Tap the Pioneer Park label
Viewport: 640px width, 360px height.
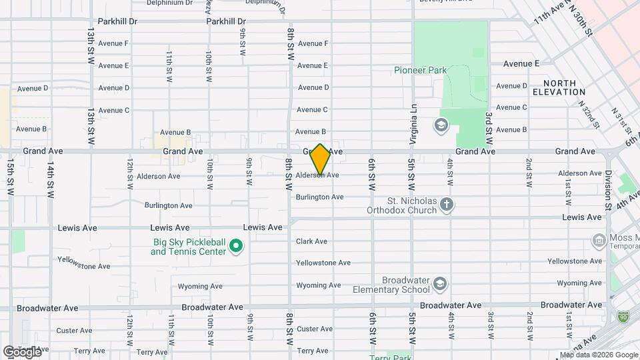(420, 70)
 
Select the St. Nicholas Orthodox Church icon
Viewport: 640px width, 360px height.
(447, 205)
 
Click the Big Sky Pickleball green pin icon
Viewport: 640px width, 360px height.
(235, 247)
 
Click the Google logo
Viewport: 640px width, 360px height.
(21, 351)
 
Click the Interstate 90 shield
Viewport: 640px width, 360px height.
(623, 316)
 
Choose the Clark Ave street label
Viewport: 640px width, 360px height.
(311, 241)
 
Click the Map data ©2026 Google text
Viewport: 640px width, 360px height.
(599, 355)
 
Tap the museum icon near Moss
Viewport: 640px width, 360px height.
(598, 239)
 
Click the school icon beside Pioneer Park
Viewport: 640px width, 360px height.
(441, 125)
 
